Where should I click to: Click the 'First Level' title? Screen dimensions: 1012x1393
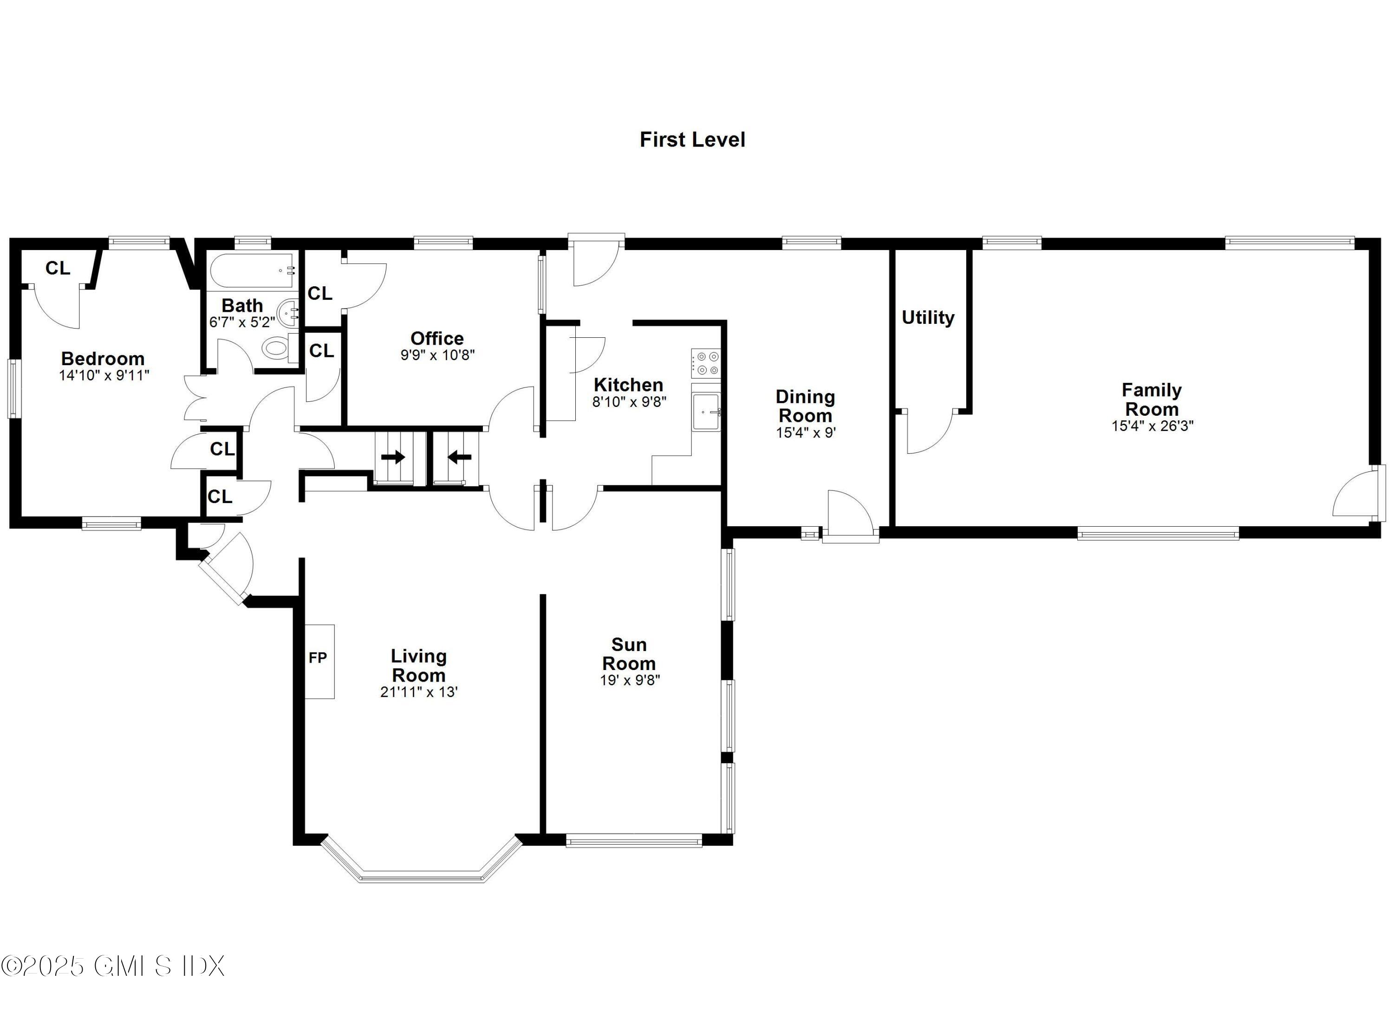click(692, 140)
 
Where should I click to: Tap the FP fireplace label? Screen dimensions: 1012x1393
click(318, 658)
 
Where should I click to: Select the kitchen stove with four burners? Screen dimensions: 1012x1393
click(706, 363)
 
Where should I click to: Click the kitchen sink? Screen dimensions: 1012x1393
click(706, 412)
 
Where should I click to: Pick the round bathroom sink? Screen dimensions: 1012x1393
click(287, 314)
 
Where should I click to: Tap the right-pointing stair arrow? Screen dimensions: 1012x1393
click(393, 457)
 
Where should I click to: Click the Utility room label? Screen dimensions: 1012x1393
click(927, 317)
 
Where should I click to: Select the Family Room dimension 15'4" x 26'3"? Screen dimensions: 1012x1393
click(1152, 426)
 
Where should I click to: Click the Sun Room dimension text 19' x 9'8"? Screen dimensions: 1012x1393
click(630, 680)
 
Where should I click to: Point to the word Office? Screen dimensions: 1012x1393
click(436, 338)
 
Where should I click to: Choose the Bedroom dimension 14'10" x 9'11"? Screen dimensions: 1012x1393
click(104, 375)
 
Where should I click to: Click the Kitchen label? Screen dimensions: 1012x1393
click(628, 385)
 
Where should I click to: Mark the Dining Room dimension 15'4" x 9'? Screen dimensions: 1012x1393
click(805, 432)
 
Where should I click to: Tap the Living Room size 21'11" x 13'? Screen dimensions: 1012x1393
click(419, 692)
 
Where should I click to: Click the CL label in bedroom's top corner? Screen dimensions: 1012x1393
click(58, 268)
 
